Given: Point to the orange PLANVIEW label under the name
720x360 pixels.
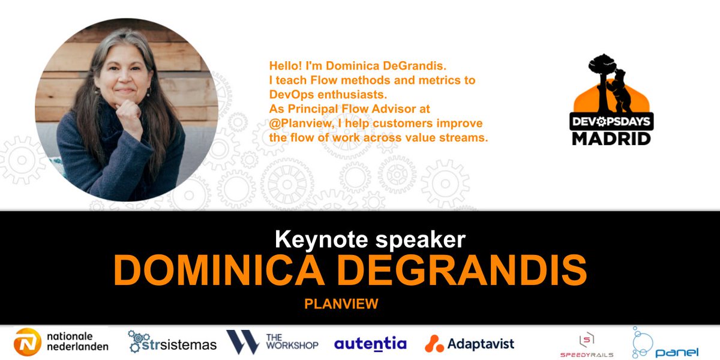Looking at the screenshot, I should [x=341, y=304].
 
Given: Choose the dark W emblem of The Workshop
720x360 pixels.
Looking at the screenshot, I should [x=242, y=341].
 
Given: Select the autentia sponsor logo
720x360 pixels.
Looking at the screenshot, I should [x=370, y=344].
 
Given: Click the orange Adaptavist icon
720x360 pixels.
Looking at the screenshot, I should [x=434, y=343].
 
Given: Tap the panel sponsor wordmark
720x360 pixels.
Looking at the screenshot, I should [x=676, y=352].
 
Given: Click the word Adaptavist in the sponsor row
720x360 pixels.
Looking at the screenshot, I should [x=482, y=344].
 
